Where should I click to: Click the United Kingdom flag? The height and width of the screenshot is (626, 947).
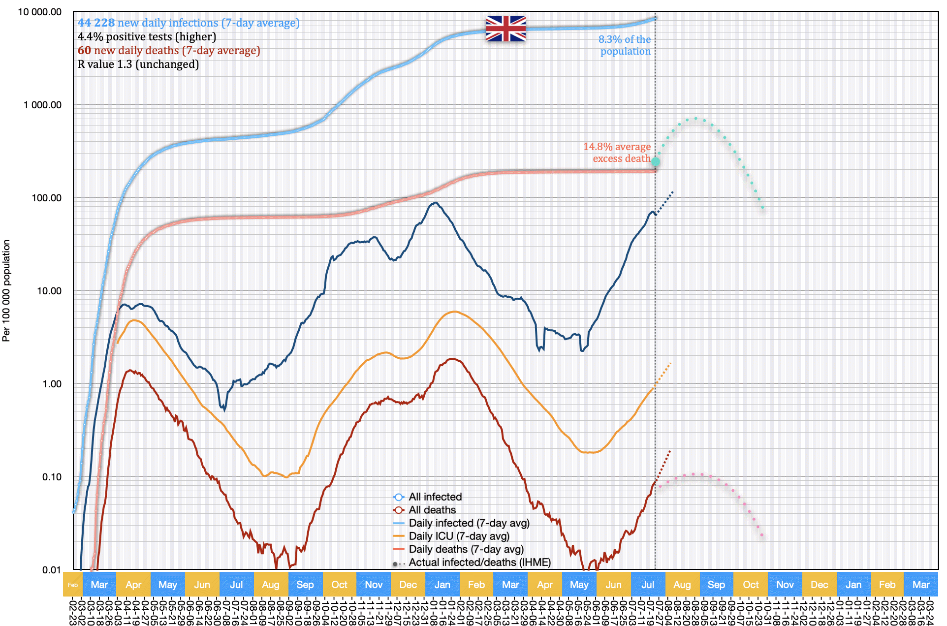505,28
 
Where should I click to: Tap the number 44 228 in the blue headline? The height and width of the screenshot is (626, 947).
96,23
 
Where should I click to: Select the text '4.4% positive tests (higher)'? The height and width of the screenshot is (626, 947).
147,36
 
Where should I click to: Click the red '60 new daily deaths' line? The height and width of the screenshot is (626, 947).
169,50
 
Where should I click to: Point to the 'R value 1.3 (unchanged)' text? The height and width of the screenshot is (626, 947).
138,64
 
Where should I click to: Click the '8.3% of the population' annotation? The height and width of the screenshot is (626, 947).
625,45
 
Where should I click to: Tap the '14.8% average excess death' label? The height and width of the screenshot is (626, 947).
617,153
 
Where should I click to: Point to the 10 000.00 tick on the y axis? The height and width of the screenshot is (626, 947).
40,12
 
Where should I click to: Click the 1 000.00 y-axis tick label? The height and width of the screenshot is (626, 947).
43,105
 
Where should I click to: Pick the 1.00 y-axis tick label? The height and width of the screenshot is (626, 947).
52,384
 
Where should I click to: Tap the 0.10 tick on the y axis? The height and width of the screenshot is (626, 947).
52,477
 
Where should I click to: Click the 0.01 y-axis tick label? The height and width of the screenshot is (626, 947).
52,570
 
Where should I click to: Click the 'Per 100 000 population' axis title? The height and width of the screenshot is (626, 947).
6,290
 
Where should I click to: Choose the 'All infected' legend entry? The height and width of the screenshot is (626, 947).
435,497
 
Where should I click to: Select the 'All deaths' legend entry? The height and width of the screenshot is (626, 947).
432,510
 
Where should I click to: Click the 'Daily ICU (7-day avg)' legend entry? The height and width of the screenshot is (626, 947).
459,536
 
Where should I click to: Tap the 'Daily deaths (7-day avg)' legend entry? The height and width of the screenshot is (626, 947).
466,549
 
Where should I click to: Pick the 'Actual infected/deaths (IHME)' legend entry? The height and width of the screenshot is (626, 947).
479,563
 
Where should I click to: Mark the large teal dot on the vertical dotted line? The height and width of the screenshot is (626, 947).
656,161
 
